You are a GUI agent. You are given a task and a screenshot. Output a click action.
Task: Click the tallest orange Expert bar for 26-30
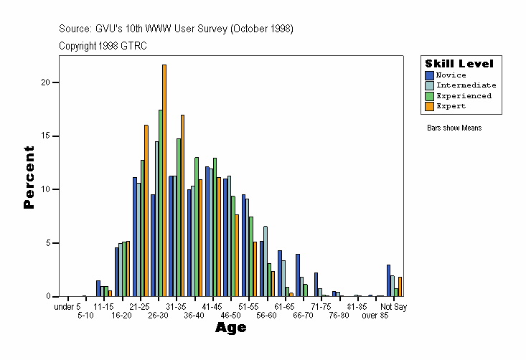tap(164, 180)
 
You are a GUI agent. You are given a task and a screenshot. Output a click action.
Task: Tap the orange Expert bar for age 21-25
tap(146, 211)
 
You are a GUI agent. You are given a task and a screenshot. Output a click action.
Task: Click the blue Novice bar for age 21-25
tap(135, 237)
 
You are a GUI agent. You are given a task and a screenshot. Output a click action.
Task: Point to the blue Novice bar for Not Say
tap(388, 280)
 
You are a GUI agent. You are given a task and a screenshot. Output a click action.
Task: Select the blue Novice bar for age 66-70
tap(298, 275)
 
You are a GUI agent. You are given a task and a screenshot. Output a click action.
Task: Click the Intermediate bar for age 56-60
tap(266, 261)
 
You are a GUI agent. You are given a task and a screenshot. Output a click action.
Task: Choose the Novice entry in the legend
tap(451, 75)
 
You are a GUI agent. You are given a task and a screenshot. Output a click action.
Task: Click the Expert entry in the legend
tap(451, 105)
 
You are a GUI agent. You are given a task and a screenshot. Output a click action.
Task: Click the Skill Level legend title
tap(459, 63)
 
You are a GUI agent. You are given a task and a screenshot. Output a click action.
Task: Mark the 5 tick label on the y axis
tap(47, 243)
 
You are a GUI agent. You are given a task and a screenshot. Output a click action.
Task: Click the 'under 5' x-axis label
tap(67, 307)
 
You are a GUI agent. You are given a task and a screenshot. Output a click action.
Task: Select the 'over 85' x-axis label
tap(375, 315)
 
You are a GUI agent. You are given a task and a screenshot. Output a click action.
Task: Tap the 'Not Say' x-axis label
tap(393, 307)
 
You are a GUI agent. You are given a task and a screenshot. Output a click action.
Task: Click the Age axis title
tap(231, 328)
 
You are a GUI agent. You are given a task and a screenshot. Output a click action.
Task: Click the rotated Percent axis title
tap(29, 177)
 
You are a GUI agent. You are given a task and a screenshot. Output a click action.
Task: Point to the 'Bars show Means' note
tap(454, 128)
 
